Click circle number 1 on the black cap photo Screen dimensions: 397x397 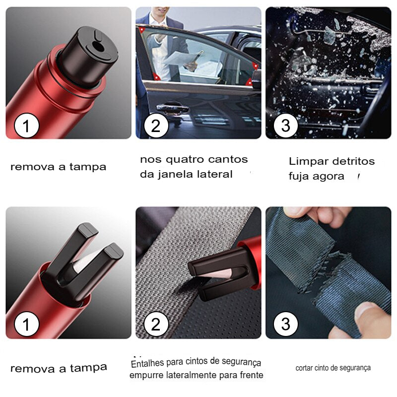26,126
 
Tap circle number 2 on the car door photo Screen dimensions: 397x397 156,126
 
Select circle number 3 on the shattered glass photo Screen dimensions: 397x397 285,126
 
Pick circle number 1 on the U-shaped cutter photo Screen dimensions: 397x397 26,325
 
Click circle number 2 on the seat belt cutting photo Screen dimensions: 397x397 156,325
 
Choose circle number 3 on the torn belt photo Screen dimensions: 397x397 285,325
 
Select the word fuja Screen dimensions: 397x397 299,176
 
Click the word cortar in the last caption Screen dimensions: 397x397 304,368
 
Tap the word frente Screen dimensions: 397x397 251,375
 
